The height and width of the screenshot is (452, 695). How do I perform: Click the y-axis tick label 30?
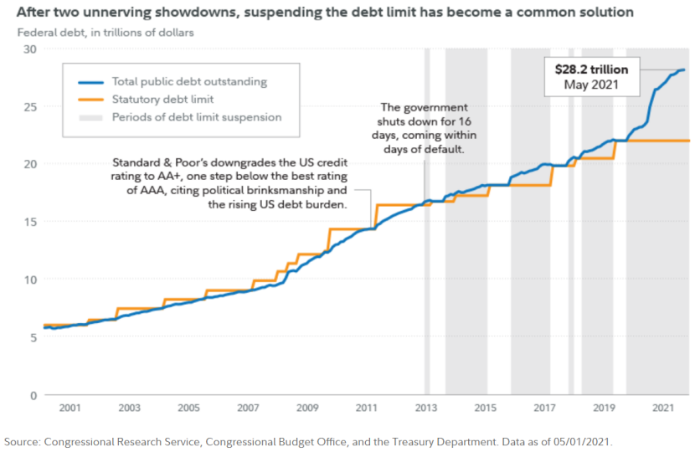pyautogui.click(x=29, y=49)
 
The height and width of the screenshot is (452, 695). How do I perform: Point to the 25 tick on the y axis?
pyautogui.click(x=29, y=106)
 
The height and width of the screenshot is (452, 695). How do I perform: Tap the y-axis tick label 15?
pyautogui.click(x=29, y=222)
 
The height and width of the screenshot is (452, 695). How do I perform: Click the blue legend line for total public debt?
pyautogui.click(x=90, y=82)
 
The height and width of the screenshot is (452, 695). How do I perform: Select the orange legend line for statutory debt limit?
pyautogui.click(x=90, y=100)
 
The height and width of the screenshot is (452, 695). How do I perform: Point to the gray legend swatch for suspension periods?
pyautogui.click(x=90, y=117)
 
